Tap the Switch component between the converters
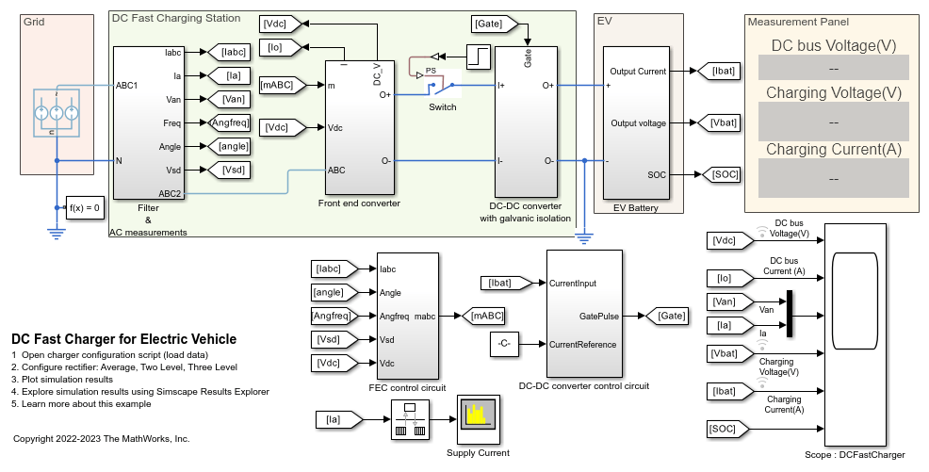(x=440, y=87)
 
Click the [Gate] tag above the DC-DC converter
(x=489, y=22)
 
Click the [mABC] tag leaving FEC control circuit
(x=486, y=316)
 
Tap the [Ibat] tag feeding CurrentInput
(x=507, y=283)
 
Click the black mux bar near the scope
(x=789, y=313)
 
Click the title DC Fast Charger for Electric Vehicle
(x=123, y=339)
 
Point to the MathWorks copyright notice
(x=102, y=439)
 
